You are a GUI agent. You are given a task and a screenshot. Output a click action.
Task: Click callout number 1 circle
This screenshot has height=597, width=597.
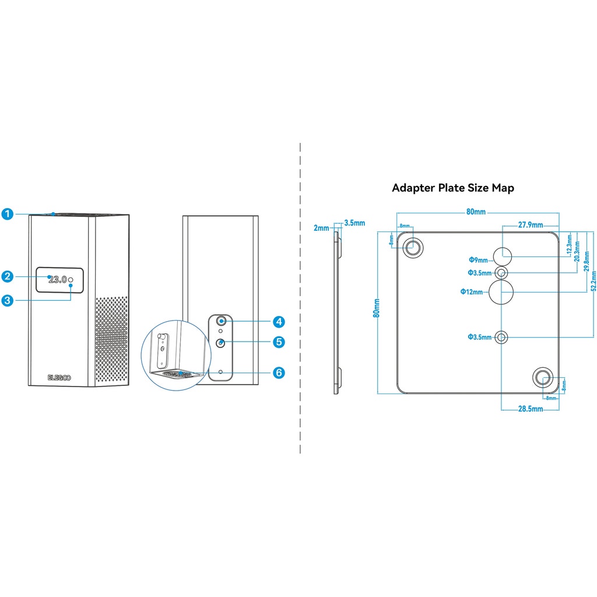(x=7, y=214)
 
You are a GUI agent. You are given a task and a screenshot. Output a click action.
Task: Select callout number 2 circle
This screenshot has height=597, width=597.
(x=7, y=276)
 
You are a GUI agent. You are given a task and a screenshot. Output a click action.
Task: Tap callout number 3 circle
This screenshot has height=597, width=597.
(x=7, y=301)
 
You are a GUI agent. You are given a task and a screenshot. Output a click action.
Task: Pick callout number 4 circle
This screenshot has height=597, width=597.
(x=279, y=321)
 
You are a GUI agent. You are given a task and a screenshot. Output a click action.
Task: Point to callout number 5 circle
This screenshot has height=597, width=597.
(x=279, y=342)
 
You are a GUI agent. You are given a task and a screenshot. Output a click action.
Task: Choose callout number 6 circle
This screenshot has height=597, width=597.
(x=279, y=372)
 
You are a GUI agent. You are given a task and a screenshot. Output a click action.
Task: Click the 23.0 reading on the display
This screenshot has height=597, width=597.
(x=58, y=280)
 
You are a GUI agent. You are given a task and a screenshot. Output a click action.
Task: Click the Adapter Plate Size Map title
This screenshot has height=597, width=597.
(x=453, y=188)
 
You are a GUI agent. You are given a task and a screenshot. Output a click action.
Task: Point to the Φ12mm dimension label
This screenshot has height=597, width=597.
(x=471, y=292)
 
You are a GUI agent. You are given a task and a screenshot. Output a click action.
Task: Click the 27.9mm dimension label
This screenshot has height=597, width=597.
(x=531, y=225)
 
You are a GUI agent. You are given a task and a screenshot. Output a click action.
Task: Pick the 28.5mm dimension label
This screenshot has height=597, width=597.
(x=531, y=409)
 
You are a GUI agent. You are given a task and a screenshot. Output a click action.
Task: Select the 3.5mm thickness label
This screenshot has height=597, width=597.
(x=354, y=223)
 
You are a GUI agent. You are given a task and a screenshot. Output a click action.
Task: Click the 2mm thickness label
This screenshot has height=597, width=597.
(x=321, y=228)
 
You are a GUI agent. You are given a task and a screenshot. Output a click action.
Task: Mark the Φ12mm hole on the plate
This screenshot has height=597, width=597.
(x=501, y=292)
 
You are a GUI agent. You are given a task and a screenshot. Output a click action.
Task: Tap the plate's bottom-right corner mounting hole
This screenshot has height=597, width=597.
(x=543, y=378)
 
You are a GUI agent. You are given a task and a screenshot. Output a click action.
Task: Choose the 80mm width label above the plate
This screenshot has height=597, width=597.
(x=476, y=212)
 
